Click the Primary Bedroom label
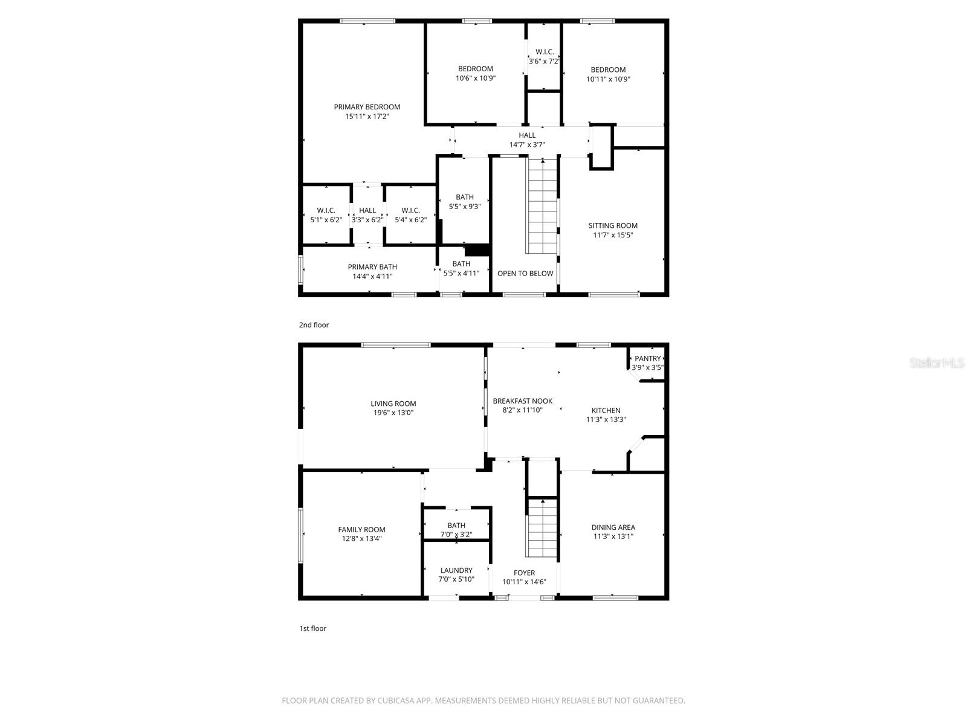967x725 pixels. point(367,107)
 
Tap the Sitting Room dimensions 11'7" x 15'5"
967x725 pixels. point(613,236)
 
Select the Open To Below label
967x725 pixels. point(525,274)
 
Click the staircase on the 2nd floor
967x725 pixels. point(542,205)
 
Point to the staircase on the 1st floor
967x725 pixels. point(542,528)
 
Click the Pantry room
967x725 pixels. point(647,362)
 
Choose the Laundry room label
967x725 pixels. point(456,570)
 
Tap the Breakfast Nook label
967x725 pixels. point(522,401)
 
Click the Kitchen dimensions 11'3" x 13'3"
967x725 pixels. point(606,420)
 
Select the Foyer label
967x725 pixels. point(524,573)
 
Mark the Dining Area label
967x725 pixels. point(613,527)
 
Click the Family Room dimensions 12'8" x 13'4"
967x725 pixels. point(361,539)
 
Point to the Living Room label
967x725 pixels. point(393,404)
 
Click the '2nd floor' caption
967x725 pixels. point(314,325)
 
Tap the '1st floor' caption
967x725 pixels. point(312,628)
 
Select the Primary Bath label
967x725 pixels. point(372,267)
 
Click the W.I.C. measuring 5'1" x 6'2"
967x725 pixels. point(326,215)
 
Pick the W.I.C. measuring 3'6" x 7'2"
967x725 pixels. point(544,57)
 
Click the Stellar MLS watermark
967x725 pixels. point(937,363)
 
